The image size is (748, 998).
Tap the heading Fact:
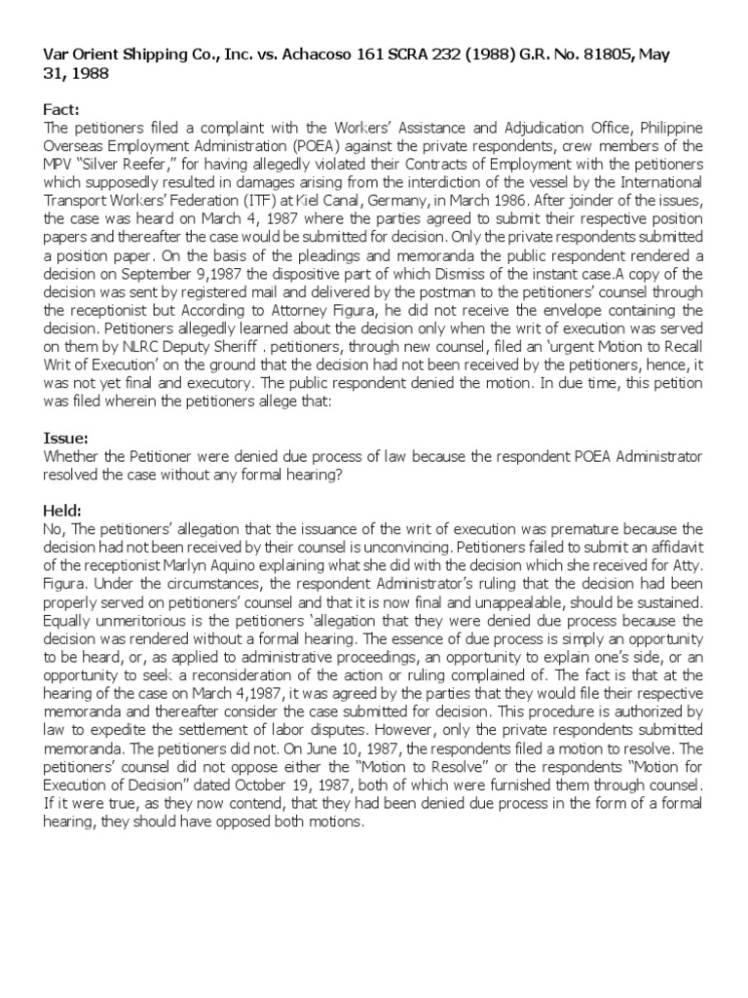(61, 112)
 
